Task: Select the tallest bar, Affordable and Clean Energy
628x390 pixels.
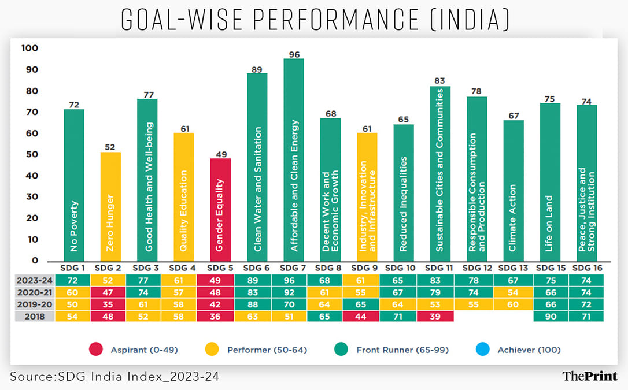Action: click(294, 159)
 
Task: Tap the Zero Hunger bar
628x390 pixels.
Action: click(110, 206)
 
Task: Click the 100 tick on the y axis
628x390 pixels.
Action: click(29, 49)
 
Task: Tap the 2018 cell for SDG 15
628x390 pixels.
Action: click(549, 316)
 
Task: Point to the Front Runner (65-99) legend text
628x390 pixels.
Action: click(402, 350)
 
